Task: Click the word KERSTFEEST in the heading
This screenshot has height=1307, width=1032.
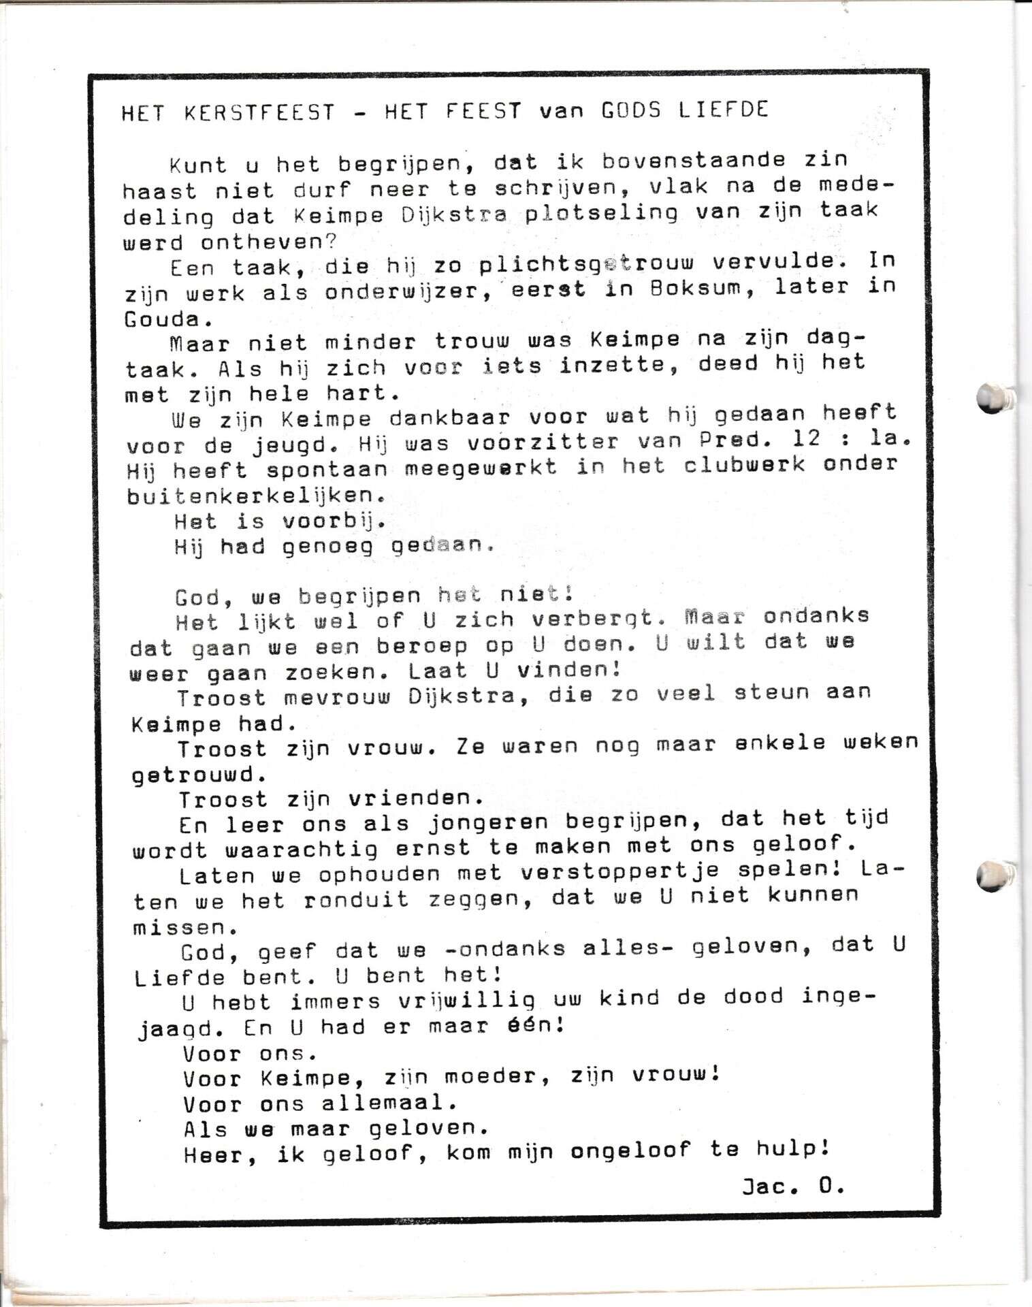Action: coord(260,112)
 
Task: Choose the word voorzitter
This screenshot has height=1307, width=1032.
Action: coord(544,442)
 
